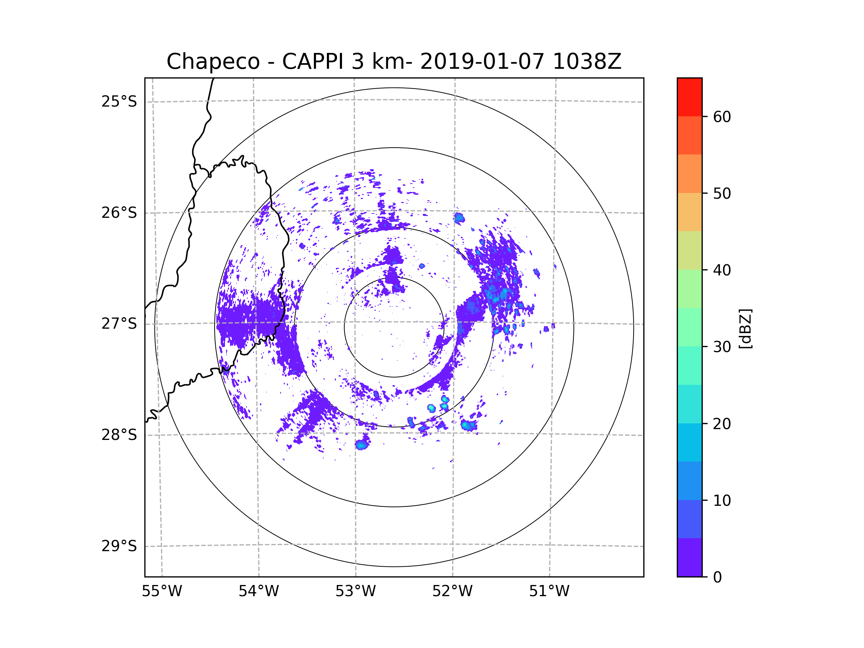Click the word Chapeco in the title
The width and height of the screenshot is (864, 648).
(213, 62)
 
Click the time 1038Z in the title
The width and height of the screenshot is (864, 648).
(587, 62)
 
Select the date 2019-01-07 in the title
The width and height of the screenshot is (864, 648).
(482, 62)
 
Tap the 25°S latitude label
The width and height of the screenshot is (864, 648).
(119, 102)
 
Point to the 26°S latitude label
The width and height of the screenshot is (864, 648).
(119, 213)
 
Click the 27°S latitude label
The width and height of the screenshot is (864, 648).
(119, 324)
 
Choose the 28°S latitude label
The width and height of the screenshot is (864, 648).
(119, 435)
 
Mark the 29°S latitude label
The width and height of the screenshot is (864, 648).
(119, 546)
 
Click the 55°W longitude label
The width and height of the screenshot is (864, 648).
(162, 591)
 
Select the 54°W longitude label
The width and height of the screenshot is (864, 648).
(258, 591)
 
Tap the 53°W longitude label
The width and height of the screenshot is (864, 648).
(355, 591)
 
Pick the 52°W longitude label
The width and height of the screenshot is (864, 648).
(452, 591)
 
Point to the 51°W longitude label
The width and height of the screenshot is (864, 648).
(549, 591)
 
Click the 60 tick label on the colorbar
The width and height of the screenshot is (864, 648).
(722, 117)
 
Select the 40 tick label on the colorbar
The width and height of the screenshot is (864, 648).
(722, 270)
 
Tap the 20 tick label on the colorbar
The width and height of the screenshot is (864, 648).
(722, 424)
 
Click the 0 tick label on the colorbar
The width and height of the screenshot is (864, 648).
(717, 577)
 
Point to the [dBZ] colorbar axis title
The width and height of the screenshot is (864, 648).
(745, 328)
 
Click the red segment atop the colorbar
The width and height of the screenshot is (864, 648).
(689, 97)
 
